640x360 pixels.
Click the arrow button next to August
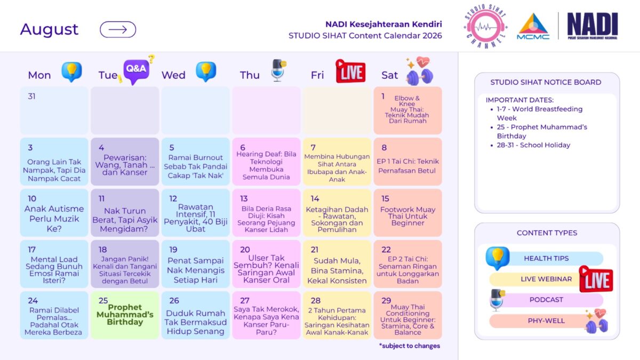tap(118, 29)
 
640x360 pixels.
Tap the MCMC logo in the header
tap(533, 26)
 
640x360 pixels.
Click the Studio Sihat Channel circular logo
tap(485, 27)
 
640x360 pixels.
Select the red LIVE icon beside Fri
tap(350, 71)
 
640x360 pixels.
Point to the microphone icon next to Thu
tap(278, 70)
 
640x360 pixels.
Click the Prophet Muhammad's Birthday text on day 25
tap(125, 315)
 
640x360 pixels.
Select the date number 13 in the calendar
tap(244, 198)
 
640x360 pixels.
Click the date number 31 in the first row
tap(31, 97)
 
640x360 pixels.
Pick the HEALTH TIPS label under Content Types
tap(546, 258)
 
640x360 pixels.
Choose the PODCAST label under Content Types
tap(546, 300)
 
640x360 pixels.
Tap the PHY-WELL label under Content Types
tap(546, 321)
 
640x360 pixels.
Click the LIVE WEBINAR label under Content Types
tap(546, 279)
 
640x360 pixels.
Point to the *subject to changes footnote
tap(410, 346)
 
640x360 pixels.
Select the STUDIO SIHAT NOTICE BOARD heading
tap(546, 82)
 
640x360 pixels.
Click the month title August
tap(49, 29)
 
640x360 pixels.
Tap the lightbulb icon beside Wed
tap(206, 71)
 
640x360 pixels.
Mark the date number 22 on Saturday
tap(386, 250)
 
